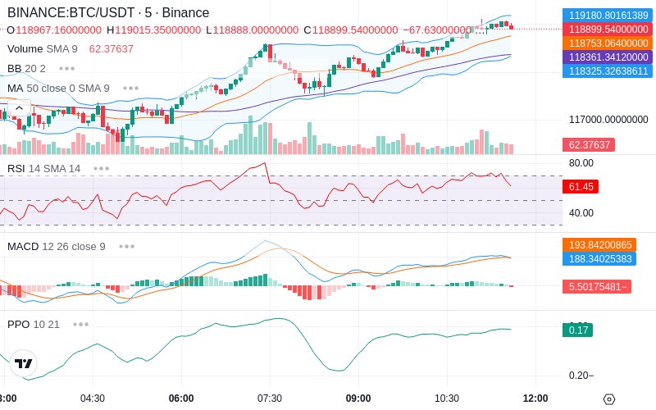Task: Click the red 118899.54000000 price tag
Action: pyautogui.click(x=608, y=30)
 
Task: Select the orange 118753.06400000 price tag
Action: pyautogui.click(x=608, y=43)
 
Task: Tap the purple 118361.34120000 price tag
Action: pyautogui.click(x=608, y=57)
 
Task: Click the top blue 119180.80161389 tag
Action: pyautogui.click(x=608, y=16)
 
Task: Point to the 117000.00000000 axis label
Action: pyautogui.click(x=608, y=120)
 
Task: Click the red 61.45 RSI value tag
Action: pyautogui.click(x=581, y=187)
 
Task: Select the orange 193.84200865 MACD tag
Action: pyautogui.click(x=599, y=244)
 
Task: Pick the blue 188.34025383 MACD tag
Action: pyautogui.click(x=599, y=258)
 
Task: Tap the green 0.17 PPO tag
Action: pyautogui.click(x=578, y=330)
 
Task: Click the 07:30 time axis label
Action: pyautogui.click(x=270, y=399)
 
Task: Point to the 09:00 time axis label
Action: pyautogui.click(x=358, y=399)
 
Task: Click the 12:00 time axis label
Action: pyautogui.click(x=535, y=399)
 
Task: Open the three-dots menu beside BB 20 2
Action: pyautogui.click(x=67, y=68)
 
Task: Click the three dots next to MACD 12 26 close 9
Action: pyautogui.click(x=127, y=247)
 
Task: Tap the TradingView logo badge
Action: pyautogui.click(x=24, y=363)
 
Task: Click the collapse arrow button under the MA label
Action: pyautogui.click(x=19, y=108)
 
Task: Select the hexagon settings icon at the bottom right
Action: pyautogui.click(x=609, y=399)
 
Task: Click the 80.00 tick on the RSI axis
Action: pyautogui.click(x=581, y=163)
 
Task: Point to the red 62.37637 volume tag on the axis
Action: pyautogui.click(x=589, y=145)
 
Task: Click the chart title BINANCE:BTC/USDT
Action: pyautogui.click(x=71, y=12)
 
